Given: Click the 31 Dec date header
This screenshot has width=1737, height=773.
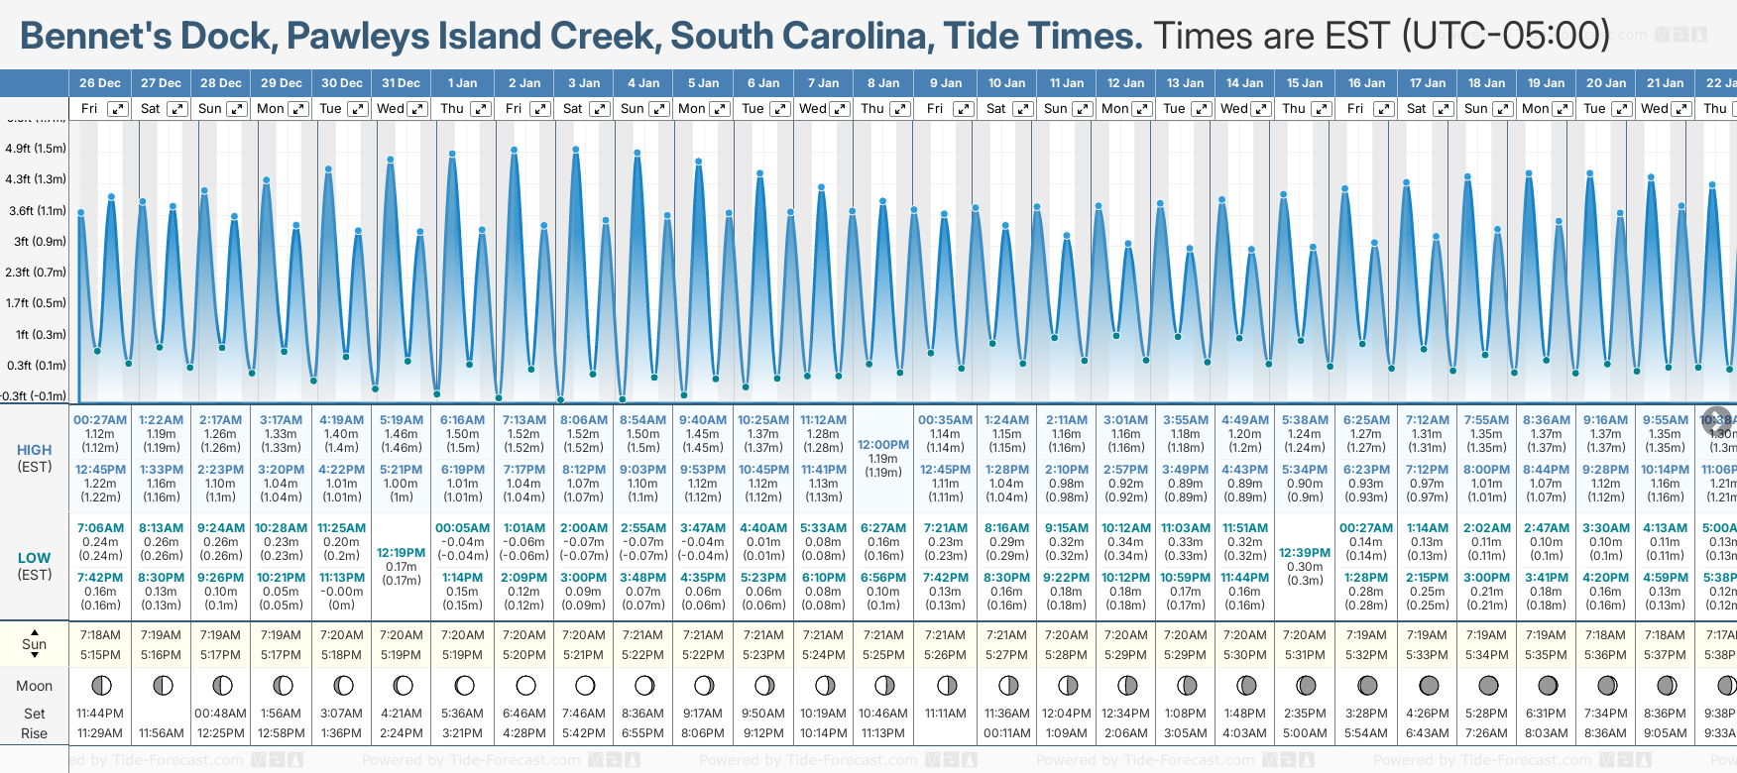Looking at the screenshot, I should point(401,83).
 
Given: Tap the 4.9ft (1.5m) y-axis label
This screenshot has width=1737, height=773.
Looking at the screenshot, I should point(36,149).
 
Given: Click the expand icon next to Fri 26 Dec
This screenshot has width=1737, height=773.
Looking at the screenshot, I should point(118,109).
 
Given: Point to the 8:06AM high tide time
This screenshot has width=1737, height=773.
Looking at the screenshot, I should point(584,420).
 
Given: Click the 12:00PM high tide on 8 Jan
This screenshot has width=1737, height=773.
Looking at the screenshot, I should point(882,445).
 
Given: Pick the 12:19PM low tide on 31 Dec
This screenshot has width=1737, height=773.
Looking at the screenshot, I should point(401,553).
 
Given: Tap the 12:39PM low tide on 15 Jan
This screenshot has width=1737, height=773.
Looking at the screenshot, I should point(1305,553).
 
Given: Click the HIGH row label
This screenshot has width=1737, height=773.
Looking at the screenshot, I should point(34,450).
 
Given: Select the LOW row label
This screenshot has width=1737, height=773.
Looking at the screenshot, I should point(34,558).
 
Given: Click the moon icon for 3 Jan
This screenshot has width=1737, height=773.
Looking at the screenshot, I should point(585,686).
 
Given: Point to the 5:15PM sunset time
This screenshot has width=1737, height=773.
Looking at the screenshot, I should point(100,655).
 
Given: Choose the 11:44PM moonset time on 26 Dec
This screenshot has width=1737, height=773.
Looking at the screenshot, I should point(100,714).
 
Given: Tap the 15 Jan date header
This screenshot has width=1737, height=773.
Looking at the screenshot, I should point(1305,83).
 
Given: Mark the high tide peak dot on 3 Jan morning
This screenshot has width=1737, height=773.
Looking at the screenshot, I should point(576,150).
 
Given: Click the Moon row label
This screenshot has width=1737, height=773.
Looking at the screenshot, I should point(34,686).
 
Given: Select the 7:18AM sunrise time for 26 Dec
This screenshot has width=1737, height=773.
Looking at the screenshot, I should point(100,635).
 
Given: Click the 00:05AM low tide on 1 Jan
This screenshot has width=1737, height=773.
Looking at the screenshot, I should point(462,528).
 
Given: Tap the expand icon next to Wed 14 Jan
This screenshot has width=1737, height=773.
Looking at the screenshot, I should point(1261,109).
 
